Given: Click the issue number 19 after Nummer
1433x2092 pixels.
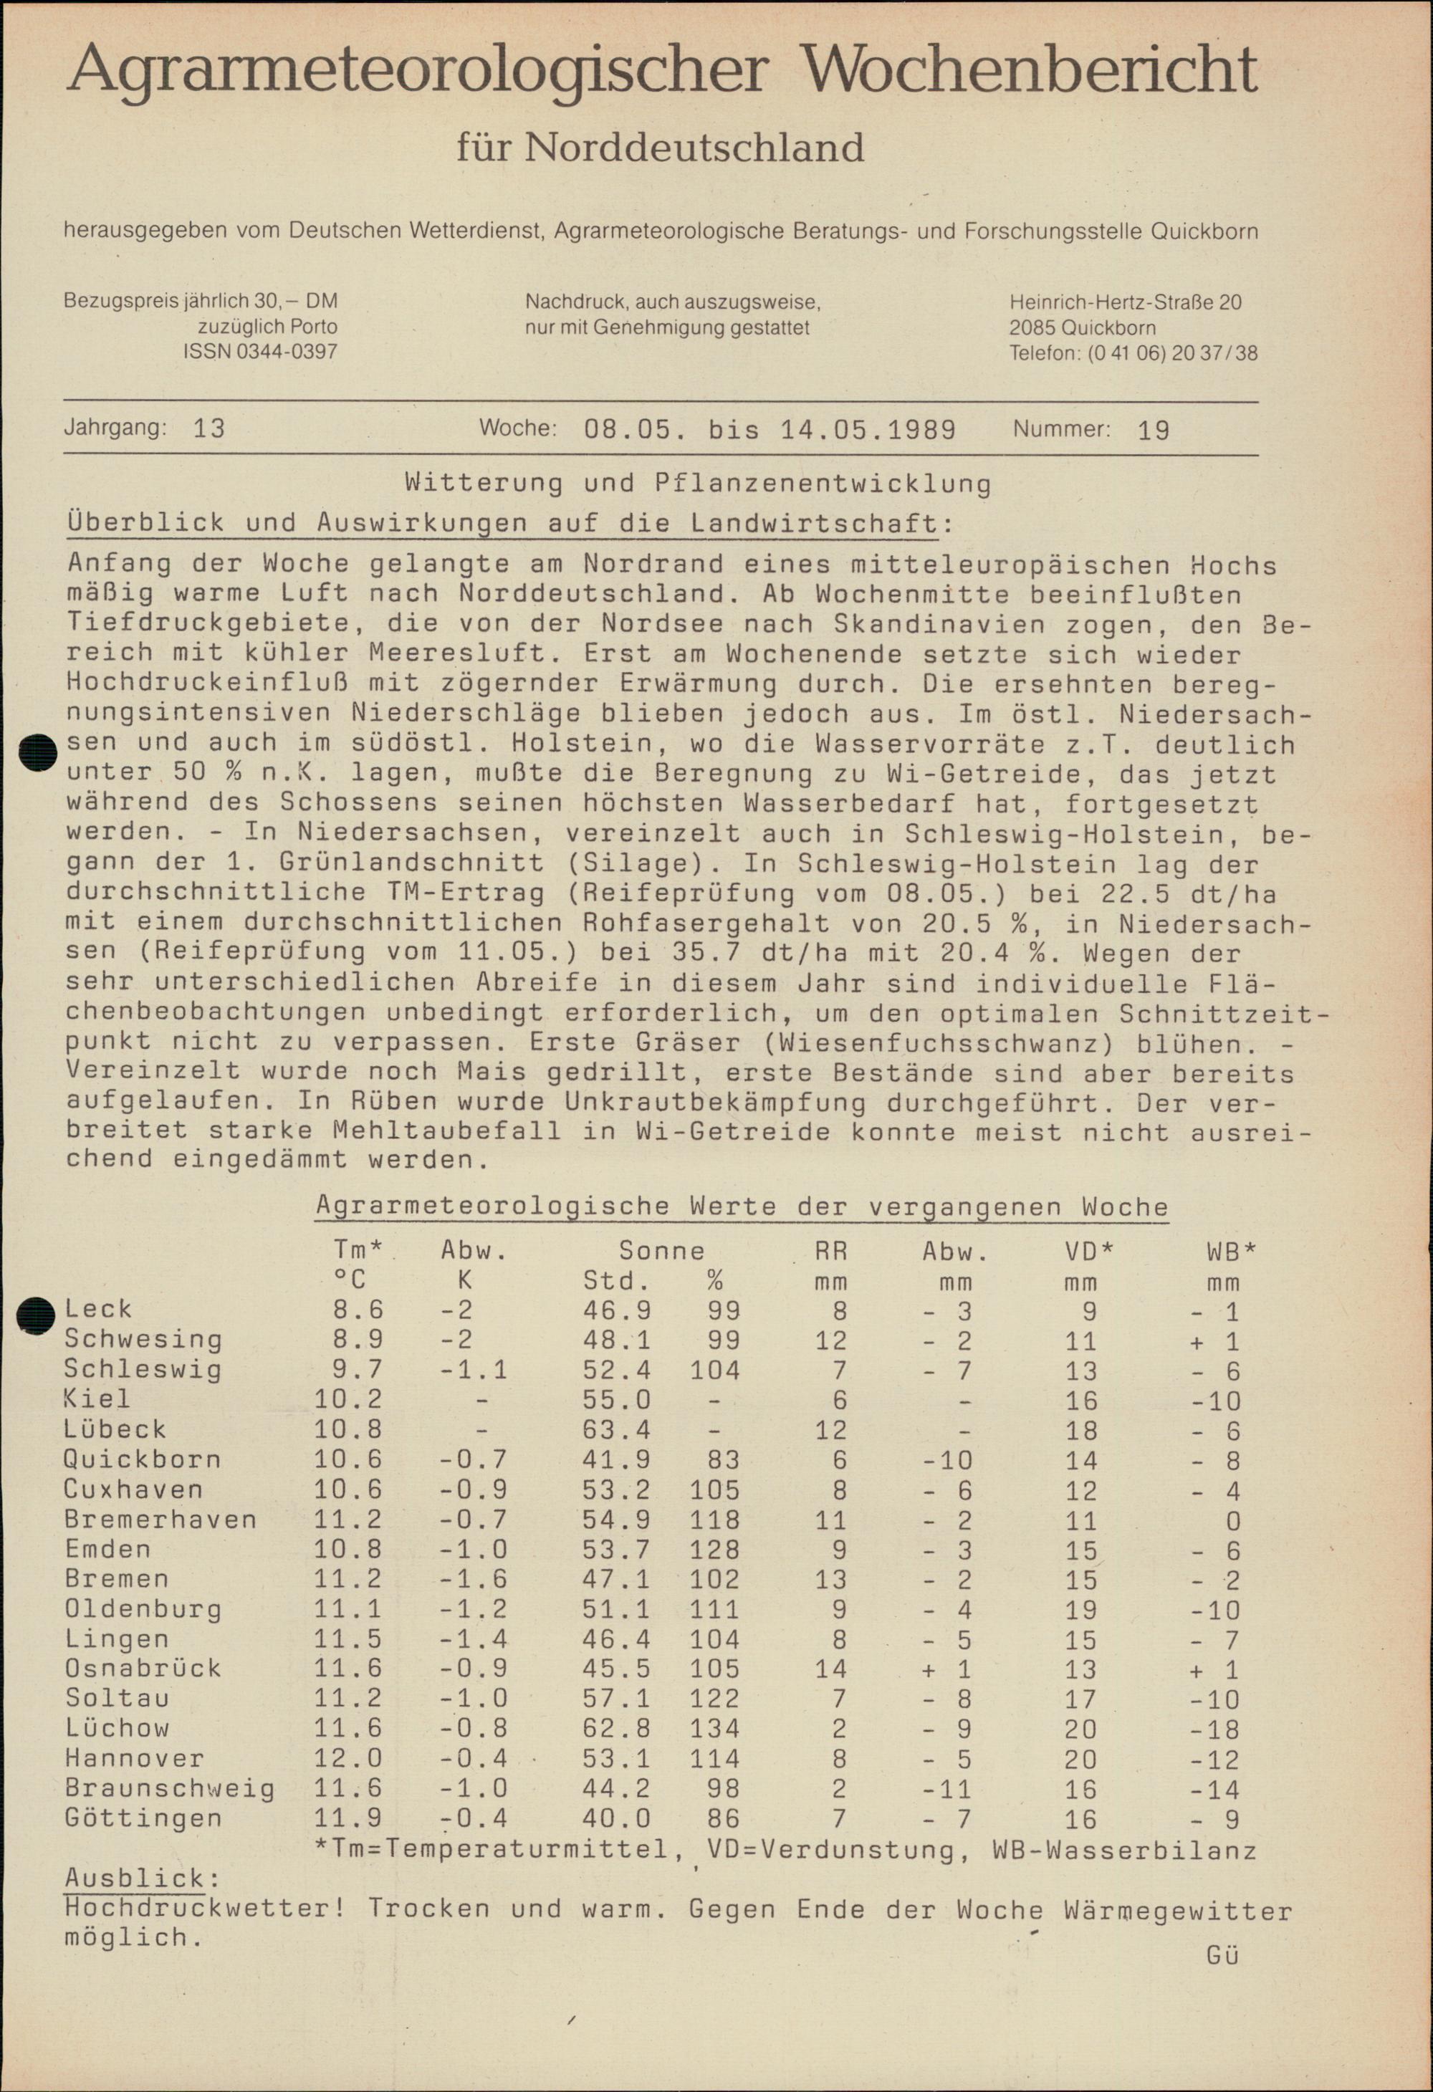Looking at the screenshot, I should pyautogui.click(x=1152, y=431).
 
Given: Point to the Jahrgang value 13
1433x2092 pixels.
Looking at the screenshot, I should pyautogui.click(x=209, y=428).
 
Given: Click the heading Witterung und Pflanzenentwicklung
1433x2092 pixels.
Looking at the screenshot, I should pyautogui.click(x=698, y=484).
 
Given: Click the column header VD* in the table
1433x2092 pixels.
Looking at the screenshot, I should pyautogui.click(x=1088, y=1250).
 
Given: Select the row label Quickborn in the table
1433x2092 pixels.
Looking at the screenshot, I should pyautogui.click(x=142, y=1459).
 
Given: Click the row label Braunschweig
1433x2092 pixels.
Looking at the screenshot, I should pyautogui.click(x=169, y=1788).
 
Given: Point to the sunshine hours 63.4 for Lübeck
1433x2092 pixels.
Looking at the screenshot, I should pyautogui.click(x=618, y=1429).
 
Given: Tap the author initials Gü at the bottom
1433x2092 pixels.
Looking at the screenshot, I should pyautogui.click(x=1222, y=1955).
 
